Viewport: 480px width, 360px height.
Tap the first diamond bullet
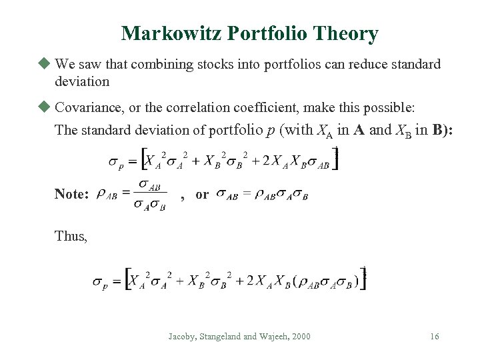pos(45,64)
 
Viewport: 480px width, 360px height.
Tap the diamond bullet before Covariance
pos(45,107)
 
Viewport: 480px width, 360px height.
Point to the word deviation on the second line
pos(82,81)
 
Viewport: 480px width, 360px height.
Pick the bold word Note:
pos(72,194)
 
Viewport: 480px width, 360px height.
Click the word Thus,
pos(71,236)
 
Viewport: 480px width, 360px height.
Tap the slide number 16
pos(434,337)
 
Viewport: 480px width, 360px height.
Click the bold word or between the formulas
pos(202,195)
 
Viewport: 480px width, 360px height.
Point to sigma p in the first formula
pos(115,162)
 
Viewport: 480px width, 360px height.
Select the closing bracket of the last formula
pos(363,279)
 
